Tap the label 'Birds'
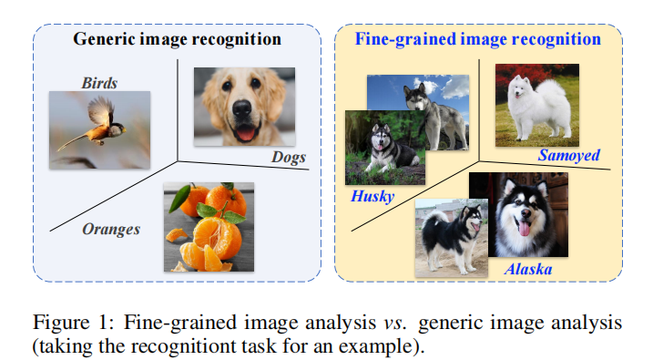click(x=99, y=84)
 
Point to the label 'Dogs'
click(x=291, y=158)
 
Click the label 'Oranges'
click(x=111, y=229)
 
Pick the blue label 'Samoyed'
click(x=568, y=155)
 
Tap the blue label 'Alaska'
click(x=528, y=270)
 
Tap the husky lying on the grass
click(x=383, y=150)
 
